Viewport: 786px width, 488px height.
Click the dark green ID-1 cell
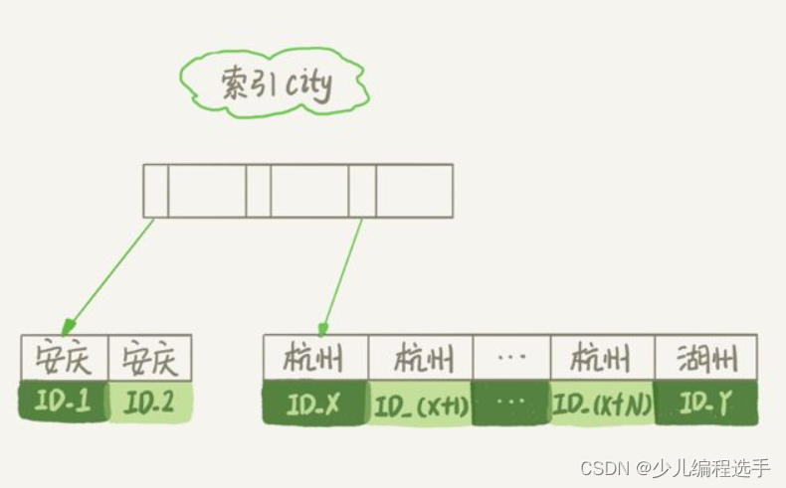[x=63, y=402]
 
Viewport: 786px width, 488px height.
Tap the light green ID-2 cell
[x=148, y=402]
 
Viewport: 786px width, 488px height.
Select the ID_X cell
[x=315, y=404]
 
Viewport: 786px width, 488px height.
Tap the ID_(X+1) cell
[x=421, y=404]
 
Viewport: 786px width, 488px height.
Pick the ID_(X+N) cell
[x=602, y=404]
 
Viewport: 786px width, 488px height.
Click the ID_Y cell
[x=705, y=404]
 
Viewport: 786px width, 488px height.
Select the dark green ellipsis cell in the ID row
[x=511, y=404]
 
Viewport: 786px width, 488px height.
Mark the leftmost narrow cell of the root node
[x=156, y=191]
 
